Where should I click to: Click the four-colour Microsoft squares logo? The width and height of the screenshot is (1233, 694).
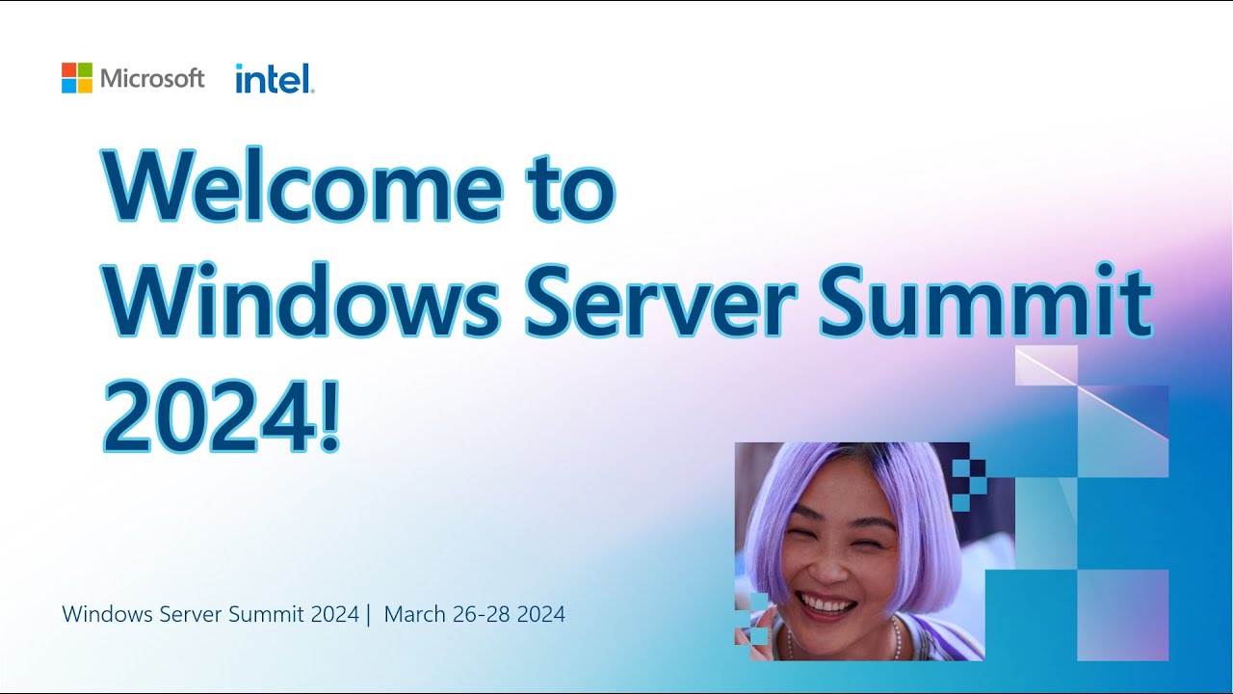pyautogui.click(x=77, y=78)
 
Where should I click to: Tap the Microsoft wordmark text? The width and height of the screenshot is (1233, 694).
pyautogui.click(x=152, y=79)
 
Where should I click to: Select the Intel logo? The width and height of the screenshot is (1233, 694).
pyautogui.click(x=275, y=79)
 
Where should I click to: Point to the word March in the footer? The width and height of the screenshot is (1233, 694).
pyautogui.click(x=414, y=614)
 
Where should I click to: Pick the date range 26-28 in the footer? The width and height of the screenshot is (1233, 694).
pyautogui.click(x=480, y=614)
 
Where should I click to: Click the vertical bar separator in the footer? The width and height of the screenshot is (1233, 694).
pyautogui.click(x=368, y=614)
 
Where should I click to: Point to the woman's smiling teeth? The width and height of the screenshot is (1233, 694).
pyautogui.click(x=827, y=605)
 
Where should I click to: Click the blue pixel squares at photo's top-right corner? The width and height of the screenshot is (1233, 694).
pyautogui.click(x=968, y=482)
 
